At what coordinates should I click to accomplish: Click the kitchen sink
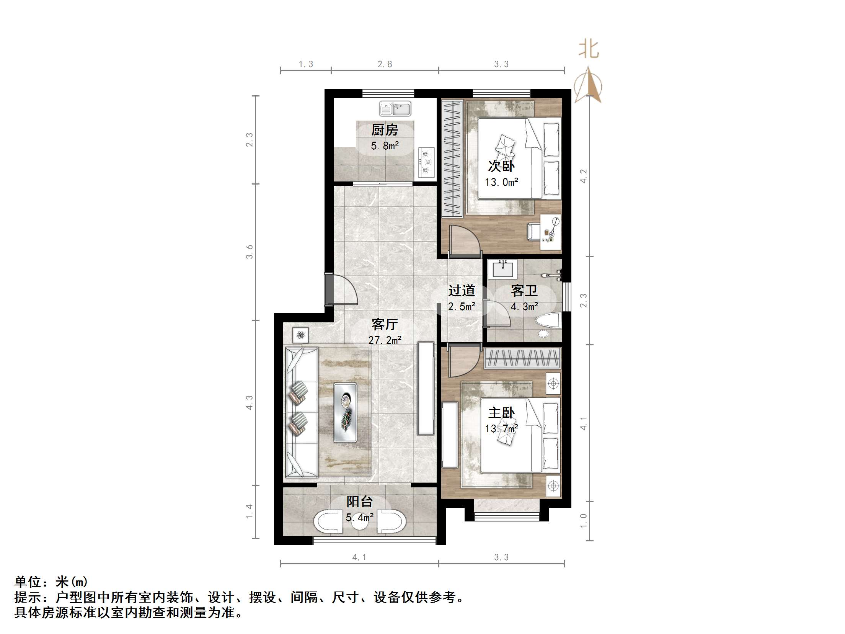[395, 109]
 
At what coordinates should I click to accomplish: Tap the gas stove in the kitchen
[426, 162]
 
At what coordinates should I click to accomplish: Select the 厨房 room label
[385, 130]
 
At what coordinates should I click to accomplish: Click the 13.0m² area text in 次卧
[501, 182]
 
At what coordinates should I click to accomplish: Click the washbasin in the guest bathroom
[503, 269]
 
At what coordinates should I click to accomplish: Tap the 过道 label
[462, 291]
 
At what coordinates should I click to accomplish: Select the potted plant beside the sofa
[300, 335]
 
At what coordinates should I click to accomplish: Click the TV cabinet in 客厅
[426, 388]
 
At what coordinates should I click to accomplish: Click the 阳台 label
[359, 501]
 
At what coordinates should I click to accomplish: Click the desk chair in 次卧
[533, 231]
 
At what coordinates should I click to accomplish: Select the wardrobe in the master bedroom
[522, 358]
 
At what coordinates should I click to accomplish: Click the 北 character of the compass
[588, 50]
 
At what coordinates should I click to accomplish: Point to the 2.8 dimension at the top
[385, 64]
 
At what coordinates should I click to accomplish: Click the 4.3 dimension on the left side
[250, 403]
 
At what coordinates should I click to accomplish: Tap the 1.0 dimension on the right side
[583, 521]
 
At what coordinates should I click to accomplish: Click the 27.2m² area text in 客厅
[385, 340]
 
